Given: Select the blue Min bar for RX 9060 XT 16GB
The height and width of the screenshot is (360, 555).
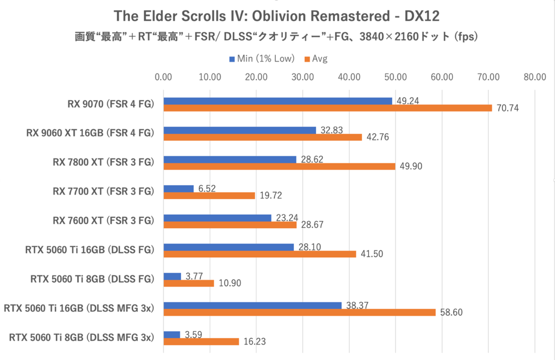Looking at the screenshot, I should pos(240,130).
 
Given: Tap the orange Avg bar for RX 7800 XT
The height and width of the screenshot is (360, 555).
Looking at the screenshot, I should pos(279,166).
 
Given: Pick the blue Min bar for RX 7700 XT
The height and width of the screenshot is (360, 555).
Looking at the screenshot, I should pos(179,189).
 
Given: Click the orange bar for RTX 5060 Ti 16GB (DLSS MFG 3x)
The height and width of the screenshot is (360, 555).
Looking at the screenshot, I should pos(300,312).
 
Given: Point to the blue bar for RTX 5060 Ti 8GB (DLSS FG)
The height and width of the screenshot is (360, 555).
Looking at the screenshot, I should pos(173,276).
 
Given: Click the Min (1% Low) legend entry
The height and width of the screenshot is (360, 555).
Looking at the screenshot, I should pos(261,59).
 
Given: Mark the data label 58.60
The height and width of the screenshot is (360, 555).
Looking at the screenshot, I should pos(450,313).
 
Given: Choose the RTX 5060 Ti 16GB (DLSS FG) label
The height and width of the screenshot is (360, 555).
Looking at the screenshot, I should pos(90,250).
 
